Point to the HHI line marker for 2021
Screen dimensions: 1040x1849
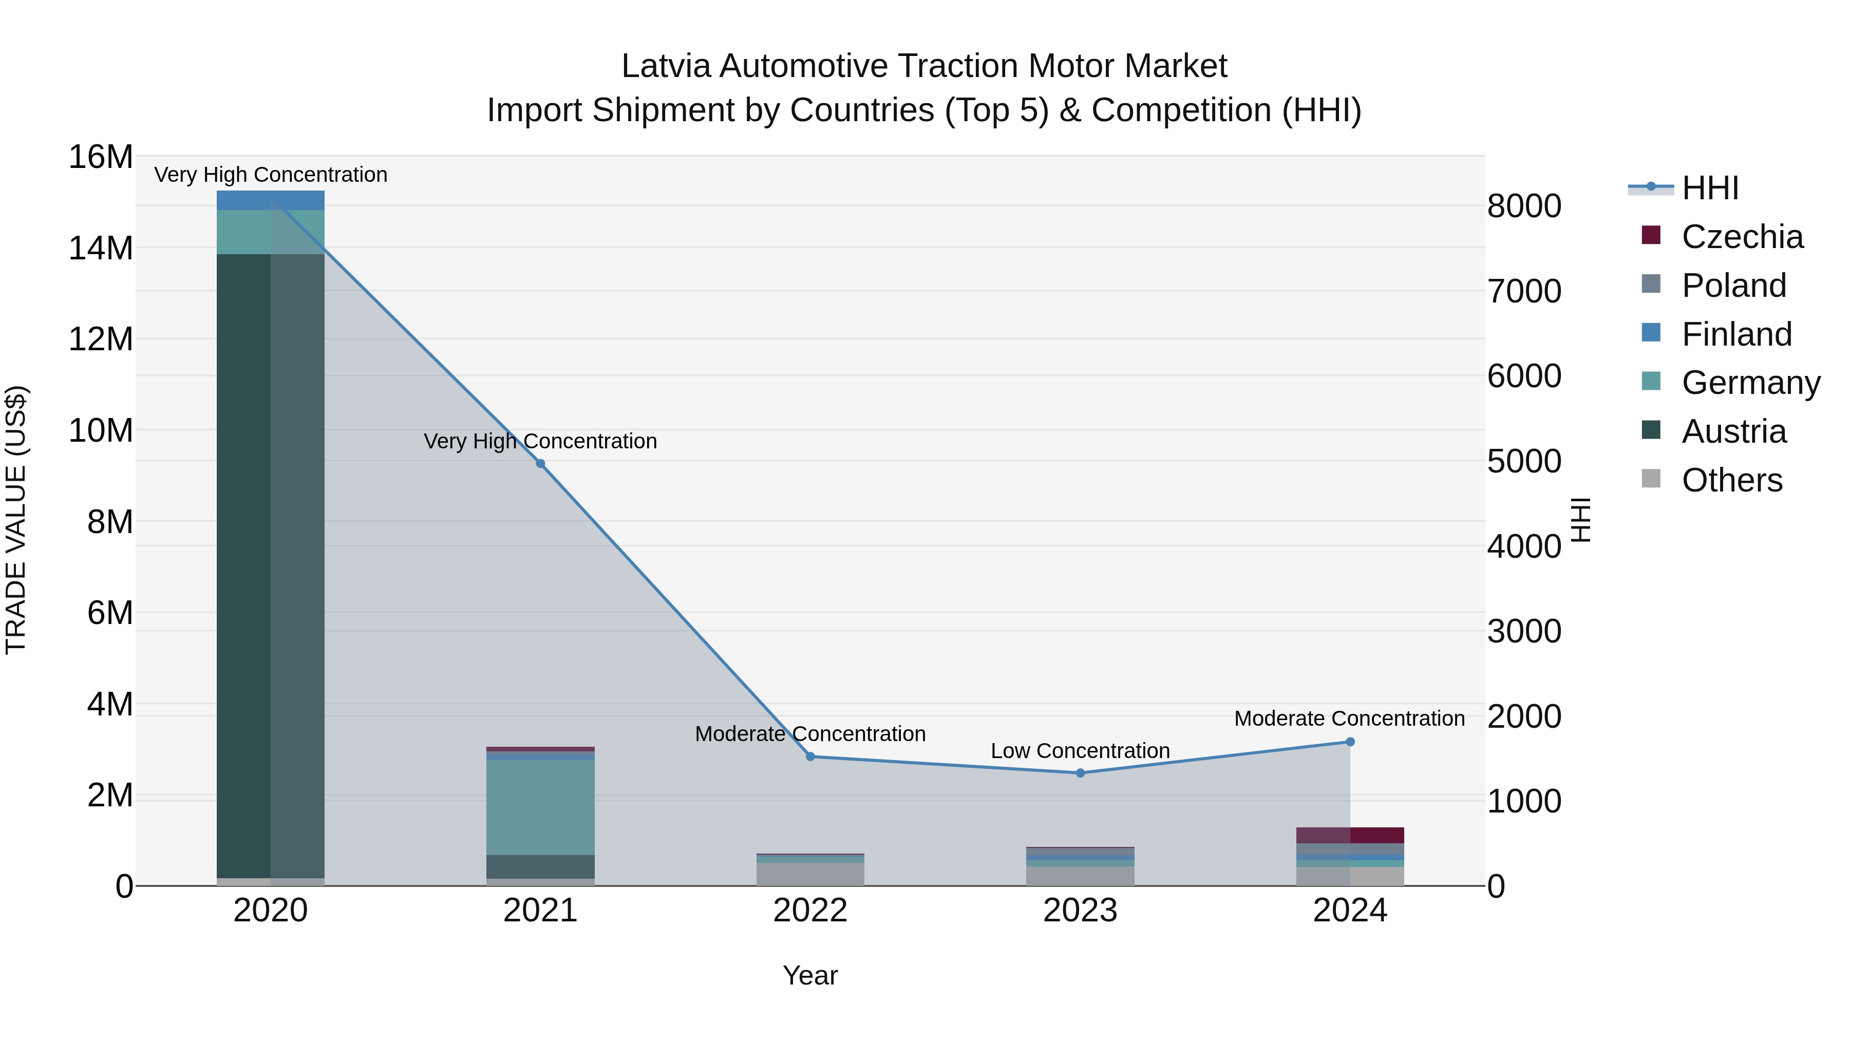pos(540,464)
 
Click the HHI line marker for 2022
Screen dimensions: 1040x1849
pos(810,757)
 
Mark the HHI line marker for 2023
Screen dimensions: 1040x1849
pos(1080,773)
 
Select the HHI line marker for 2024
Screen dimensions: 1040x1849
pos(1350,742)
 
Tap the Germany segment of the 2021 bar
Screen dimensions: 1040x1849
pos(540,807)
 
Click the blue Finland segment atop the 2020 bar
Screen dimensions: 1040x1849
pos(271,200)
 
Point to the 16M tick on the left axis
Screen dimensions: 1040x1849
pos(101,157)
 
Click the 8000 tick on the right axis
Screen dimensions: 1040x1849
pos(1524,206)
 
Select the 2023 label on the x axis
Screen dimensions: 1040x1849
pos(1080,911)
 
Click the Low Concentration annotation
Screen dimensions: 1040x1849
pos(1080,751)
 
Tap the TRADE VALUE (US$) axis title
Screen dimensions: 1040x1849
pos(16,520)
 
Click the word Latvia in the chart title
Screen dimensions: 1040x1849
pos(665,66)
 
